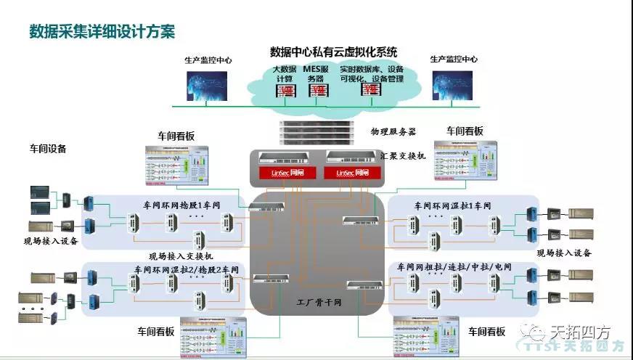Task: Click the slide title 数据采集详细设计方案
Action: (x=102, y=32)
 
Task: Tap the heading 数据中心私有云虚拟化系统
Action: (x=333, y=52)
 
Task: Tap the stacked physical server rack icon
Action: (x=316, y=132)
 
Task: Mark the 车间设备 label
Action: (x=48, y=149)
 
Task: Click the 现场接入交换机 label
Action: (x=181, y=256)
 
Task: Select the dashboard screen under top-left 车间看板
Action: (x=177, y=166)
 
